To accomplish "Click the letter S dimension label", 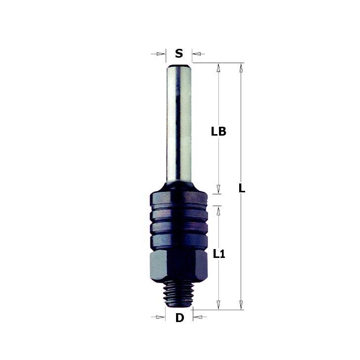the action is click(x=179, y=53).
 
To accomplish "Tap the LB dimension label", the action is click(x=218, y=132).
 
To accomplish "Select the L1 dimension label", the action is click(x=219, y=254).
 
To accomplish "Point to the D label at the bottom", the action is click(x=180, y=318).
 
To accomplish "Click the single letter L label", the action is click(x=242, y=188).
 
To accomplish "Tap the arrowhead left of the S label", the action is click(x=161, y=54).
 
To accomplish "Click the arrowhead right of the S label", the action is click(x=197, y=54).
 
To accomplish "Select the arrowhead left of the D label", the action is click(x=160, y=317).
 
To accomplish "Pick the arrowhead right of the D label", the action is click(x=197, y=317).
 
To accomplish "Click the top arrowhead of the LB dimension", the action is click(x=218, y=68).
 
